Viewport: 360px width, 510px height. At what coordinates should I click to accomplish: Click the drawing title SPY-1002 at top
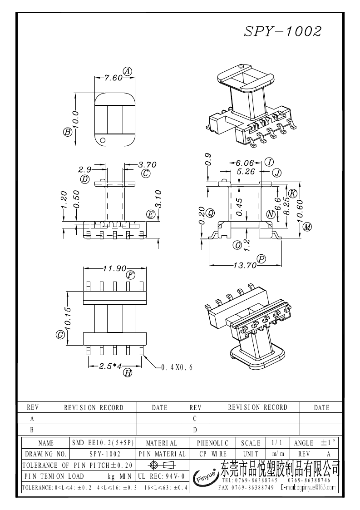point(283,31)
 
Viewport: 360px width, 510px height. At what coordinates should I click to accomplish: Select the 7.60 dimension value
point(113,78)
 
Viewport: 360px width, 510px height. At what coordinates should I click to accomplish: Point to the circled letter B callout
point(67,132)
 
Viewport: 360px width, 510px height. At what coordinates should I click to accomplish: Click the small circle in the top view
point(103,140)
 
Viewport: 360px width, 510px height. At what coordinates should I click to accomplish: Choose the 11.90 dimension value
point(114,268)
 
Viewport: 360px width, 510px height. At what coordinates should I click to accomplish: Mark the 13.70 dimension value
point(245,265)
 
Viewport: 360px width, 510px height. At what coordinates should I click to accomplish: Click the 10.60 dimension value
point(300,211)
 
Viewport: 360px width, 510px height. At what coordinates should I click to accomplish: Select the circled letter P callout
point(261,259)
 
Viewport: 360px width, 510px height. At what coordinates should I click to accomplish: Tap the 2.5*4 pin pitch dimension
point(110,366)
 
